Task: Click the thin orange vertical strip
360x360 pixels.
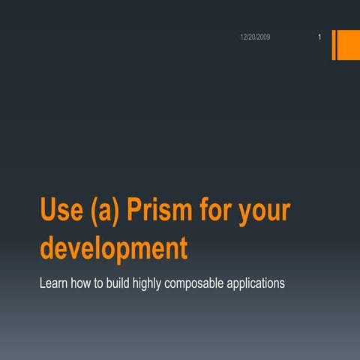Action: pos(334,44)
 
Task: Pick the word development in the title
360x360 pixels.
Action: pos(114,247)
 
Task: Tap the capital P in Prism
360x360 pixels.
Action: pos(135,211)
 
